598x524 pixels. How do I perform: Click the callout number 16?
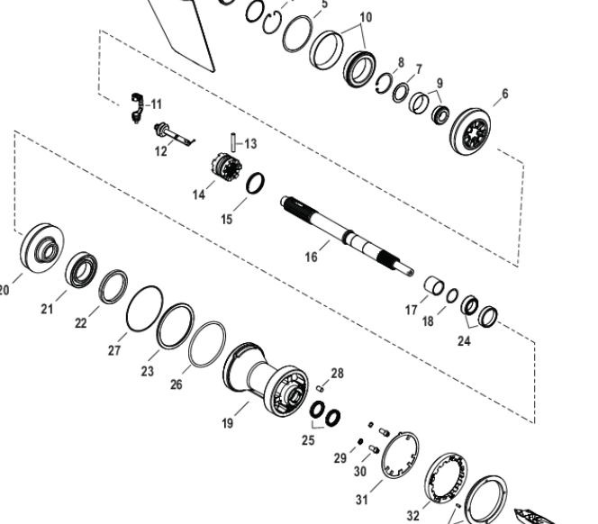click(x=312, y=257)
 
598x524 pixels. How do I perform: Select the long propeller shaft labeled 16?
click(x=347, y=237)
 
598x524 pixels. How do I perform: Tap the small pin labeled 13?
click(x=233, y=142)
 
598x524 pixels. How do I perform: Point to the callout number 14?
click(x=199, y=194)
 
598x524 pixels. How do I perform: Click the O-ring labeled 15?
click(x=255, y=183)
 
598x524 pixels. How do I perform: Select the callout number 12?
click(x=161, y=151)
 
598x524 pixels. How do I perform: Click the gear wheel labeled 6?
click(x=471, y=132)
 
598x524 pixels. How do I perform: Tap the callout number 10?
click(x=366, y=17)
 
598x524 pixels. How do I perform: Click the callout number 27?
click(x=114, y=350)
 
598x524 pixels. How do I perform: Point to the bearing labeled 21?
click(x=81, y=269)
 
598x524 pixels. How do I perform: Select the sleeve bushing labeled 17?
click(x=434, y=286)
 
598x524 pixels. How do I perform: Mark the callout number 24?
click(x=464, y=341)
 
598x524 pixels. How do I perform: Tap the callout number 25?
click(x=308, y=440)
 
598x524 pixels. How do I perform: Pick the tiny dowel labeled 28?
click(x=320, y=389)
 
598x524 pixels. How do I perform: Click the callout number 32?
click(x=413, y=516)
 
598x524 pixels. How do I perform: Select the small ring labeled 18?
click(x=452, y=295)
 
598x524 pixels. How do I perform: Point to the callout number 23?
click(x=147, y=371)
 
